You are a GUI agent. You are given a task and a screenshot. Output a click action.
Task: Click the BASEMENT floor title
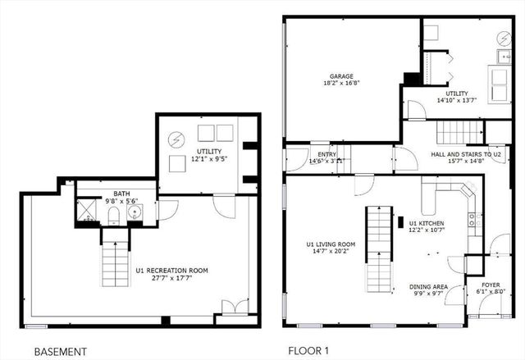click(60, 352)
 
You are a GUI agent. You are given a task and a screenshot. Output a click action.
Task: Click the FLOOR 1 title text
click(309, 352)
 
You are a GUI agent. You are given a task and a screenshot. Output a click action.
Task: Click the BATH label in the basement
click(122, 194)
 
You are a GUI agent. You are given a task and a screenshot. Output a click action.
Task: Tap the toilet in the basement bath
click(113, 216)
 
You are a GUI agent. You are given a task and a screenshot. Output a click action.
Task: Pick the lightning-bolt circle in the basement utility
click(175, 139)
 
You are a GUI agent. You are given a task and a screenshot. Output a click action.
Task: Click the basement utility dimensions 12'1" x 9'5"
click(209, 158)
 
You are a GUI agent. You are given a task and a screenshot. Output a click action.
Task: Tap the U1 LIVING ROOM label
click(331, 244)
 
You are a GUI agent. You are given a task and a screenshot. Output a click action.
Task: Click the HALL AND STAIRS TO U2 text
click(466, 154)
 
